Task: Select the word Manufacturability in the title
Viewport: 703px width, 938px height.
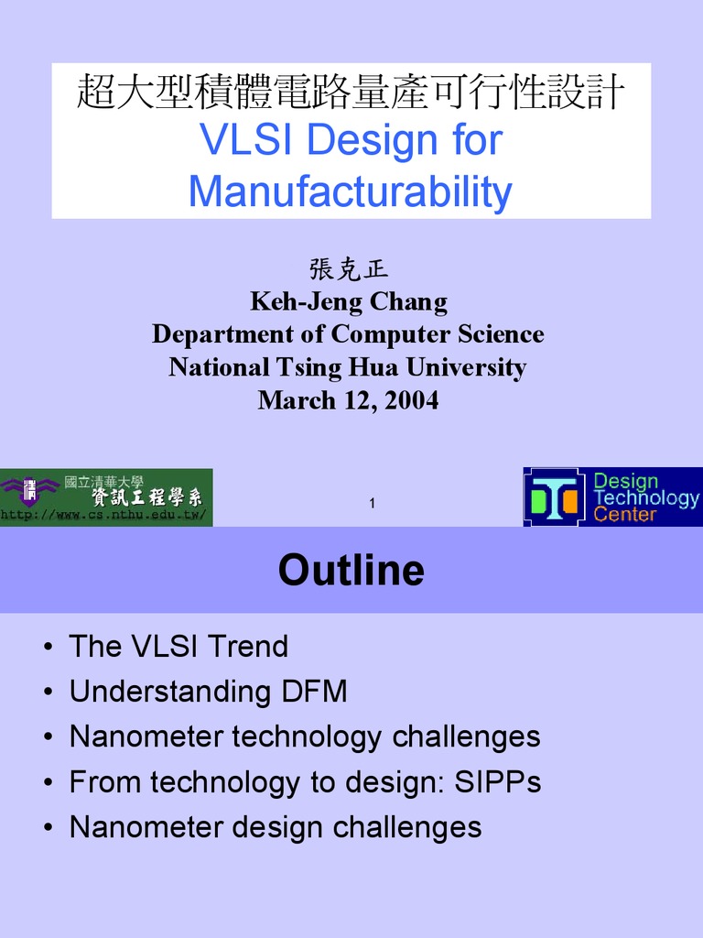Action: tap(350, 192)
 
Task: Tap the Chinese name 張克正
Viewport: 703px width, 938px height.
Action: tap(349, 269)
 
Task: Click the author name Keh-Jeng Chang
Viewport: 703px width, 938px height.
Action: tap(349, 301)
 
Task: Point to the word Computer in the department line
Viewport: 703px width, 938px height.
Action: tap(391, 334)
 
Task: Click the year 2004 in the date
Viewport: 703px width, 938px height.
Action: tap(411, 400)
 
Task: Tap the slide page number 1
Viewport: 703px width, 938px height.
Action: tap(373, 503)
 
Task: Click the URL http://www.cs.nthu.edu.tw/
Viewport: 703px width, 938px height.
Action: tap(103, 516)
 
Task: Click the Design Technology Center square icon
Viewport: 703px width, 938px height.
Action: tap(554, 497)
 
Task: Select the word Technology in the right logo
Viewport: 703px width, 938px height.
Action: tap(646, 498)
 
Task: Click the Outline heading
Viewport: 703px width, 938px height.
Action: tap(351, 570)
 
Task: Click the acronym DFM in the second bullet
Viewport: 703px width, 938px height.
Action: tap(314, 692)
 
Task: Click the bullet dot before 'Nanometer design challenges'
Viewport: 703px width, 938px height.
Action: tap(47, 828)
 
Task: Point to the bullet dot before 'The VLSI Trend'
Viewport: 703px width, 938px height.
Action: tap(47, 648)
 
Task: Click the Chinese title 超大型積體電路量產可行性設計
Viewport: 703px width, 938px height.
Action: tap(351, 93)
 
